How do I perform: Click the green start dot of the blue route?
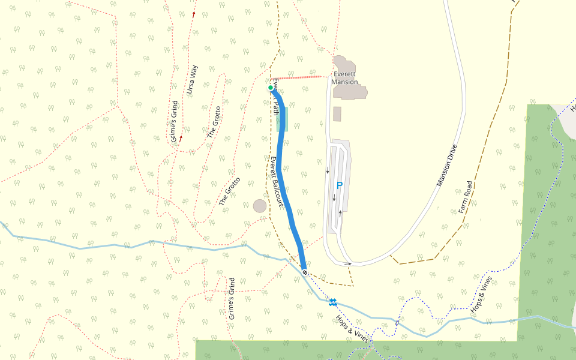click(271, 88)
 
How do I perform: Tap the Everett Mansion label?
click(345, 78)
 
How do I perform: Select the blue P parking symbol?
click(339, 186)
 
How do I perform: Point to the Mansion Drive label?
click(447, 166)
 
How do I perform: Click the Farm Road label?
click(466, 197)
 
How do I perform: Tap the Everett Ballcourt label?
click(276, 182)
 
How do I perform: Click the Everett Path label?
click(275, 97)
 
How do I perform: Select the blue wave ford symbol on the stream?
click(332, 301)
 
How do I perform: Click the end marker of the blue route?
click(305, 272)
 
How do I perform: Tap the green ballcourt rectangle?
click(282, 119)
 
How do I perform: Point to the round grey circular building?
click(260, 206)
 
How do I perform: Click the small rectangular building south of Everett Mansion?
click(337, 114)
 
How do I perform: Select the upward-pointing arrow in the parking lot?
click(341, 211)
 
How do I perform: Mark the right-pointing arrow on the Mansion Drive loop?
click(349, 263)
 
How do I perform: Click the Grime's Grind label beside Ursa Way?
click(175, 121)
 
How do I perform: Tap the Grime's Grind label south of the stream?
click(232, 298)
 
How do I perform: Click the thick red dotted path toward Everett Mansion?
click(303, 77)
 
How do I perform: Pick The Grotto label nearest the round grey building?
click(230, 191)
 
